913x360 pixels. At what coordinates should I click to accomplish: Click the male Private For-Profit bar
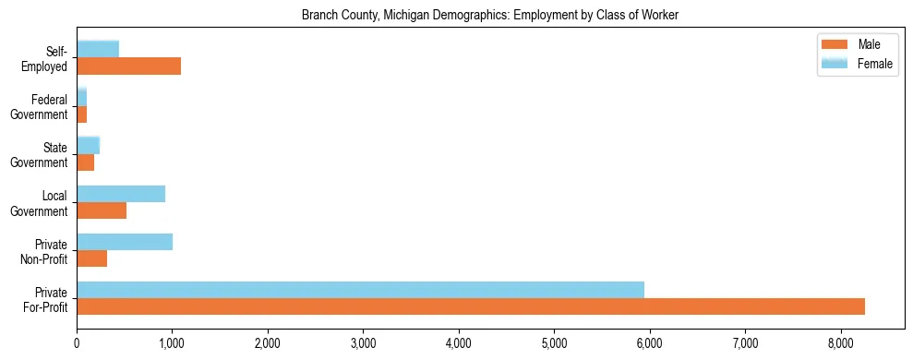471,306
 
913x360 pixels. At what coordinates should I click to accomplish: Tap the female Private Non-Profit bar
125,242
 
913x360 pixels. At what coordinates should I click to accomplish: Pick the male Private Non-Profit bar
92,258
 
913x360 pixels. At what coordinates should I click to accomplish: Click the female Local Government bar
121,194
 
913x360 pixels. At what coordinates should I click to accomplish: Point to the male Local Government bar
102,210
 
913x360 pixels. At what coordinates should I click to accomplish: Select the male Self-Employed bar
128,66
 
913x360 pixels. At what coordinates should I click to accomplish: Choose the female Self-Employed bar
98,49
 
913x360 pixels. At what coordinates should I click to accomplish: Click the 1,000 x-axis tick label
172,343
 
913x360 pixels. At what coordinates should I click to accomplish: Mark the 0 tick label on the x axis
77,343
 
